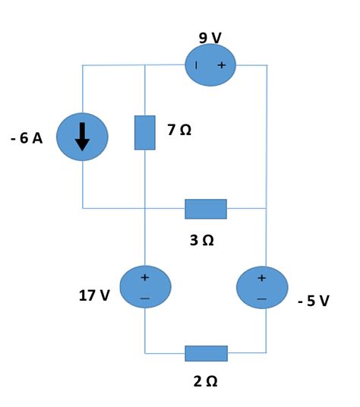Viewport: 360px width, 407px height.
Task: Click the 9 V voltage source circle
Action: point(210,65)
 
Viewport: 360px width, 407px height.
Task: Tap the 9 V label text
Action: point(210,38)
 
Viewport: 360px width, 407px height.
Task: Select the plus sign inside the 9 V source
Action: point(222,65)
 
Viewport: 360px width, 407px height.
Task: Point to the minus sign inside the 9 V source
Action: point(197,65)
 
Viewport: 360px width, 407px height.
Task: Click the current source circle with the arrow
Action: point(82,137)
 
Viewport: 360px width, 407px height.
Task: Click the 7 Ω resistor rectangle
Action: point(144,132)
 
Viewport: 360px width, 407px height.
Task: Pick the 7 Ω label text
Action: point(179,130)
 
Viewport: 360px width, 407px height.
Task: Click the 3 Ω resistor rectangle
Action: point(206,208)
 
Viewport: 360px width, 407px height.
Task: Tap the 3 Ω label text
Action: point(202,241)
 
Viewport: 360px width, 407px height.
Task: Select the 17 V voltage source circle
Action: point(144,287)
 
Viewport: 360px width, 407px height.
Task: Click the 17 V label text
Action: point(94,295)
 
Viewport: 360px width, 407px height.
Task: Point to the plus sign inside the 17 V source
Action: point(144,277)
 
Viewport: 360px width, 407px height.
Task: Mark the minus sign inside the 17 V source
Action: point(144,299)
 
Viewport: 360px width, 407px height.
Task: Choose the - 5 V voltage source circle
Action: point(263,288)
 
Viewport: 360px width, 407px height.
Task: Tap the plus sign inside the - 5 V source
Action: point(263,278)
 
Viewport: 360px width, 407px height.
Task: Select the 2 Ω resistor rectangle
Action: point(206,353)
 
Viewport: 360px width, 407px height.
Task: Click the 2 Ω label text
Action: point(206,381)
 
